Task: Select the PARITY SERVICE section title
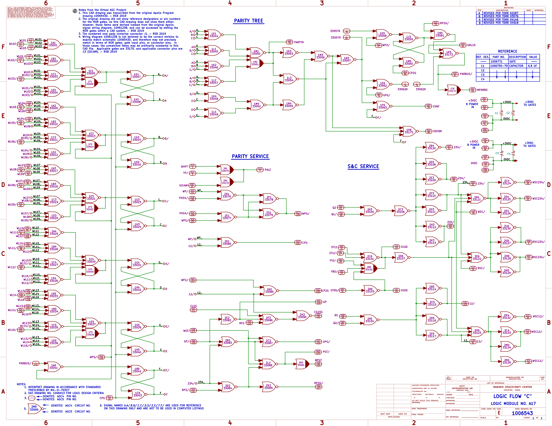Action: pyautogui.click(x=250, y=156)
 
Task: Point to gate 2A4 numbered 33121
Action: pyautogui.click(x=476, y=198)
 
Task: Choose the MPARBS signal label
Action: pyautogui.click(x=482, y=90)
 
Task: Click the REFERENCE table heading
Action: pyautogui.click(x=508, y=51)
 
